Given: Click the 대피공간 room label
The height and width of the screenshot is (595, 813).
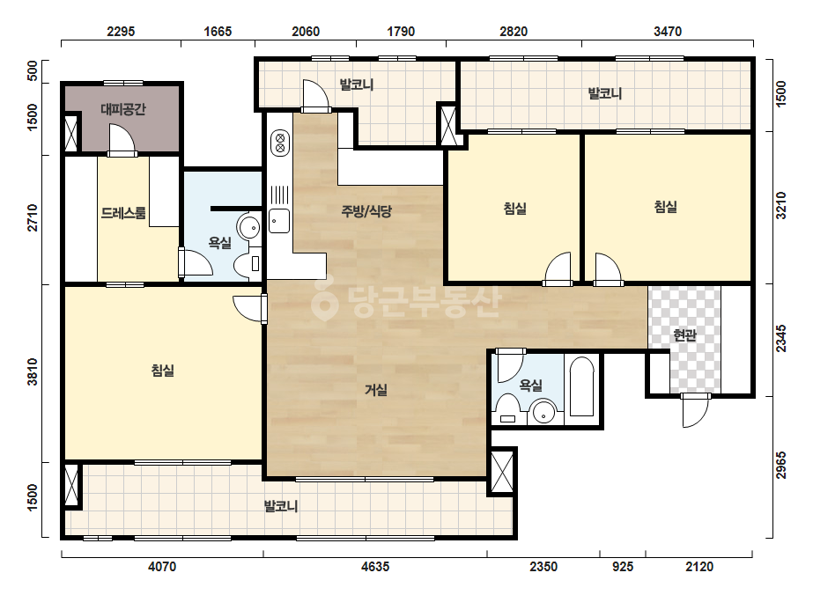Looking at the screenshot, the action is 123,109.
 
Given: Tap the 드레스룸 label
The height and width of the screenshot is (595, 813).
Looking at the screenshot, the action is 123,213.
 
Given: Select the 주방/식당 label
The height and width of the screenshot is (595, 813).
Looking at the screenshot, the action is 366,211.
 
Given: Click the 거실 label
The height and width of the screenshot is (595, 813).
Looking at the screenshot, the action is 375,390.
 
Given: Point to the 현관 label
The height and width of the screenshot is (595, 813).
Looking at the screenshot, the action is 684,335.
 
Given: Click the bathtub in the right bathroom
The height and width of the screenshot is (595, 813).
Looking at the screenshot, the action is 581,386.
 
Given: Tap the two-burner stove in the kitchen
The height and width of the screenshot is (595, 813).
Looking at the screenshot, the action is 280,143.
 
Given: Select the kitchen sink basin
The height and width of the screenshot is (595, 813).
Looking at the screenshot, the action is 279,221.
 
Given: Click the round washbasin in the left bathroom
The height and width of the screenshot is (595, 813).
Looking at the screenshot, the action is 249,227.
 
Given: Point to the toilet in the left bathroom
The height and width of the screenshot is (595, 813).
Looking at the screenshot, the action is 248,263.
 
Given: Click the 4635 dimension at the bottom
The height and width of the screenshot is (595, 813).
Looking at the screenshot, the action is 375,567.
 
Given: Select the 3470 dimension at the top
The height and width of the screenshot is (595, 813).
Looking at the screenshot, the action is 668,32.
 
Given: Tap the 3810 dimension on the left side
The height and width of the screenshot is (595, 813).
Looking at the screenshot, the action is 32,371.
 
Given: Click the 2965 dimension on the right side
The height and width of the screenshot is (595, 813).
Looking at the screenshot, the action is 781,465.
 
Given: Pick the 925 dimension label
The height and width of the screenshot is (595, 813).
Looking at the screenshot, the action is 622,567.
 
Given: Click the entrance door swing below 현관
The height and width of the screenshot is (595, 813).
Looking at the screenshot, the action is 695,412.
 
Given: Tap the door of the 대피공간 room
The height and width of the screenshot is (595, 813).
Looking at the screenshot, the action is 122,141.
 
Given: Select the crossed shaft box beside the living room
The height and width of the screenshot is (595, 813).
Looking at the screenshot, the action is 501,473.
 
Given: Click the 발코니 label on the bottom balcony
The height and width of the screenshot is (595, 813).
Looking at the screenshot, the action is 280,506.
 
